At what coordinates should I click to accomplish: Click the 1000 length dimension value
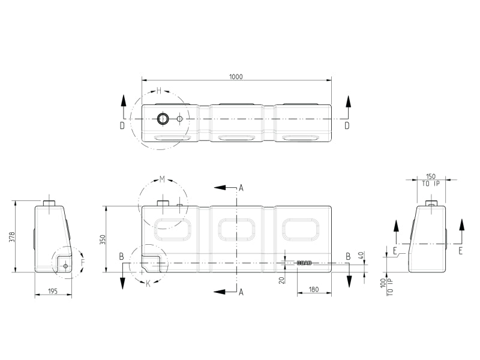236,77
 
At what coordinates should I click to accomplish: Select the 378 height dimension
11,238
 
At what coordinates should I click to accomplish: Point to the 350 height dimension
102,239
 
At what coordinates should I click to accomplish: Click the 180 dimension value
314,290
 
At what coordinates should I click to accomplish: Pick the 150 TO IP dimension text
431,181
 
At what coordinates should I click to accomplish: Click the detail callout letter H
159,91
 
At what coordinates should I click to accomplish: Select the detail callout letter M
162,179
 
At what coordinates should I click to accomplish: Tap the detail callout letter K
148,283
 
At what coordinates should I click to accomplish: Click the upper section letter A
241,188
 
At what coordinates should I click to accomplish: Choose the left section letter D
122,125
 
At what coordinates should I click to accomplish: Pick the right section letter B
347,256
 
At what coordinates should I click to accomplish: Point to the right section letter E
460,251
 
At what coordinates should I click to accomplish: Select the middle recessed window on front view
236,229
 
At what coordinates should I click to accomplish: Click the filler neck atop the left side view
49,203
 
